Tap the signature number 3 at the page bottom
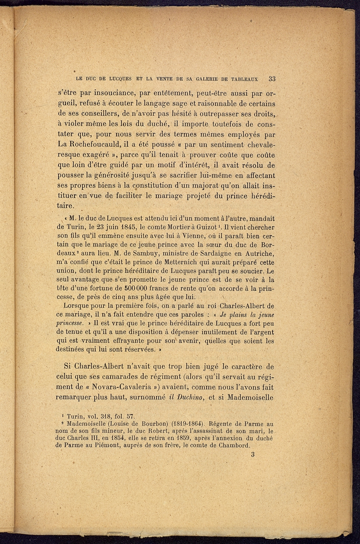(253, 454)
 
